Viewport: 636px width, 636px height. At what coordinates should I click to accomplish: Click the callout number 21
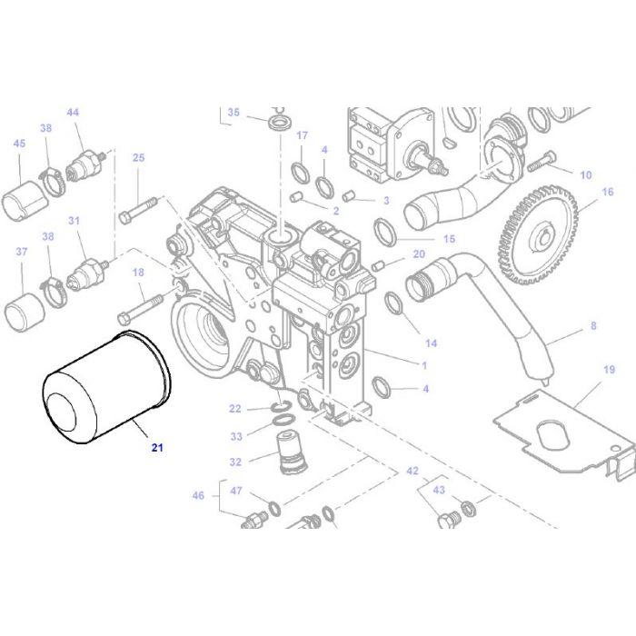[157, 446]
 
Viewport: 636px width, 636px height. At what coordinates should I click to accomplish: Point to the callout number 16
[608, 192]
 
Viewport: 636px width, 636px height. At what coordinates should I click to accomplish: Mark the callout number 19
[609, 370]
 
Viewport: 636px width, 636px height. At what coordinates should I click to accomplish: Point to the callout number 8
[593, 324]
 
